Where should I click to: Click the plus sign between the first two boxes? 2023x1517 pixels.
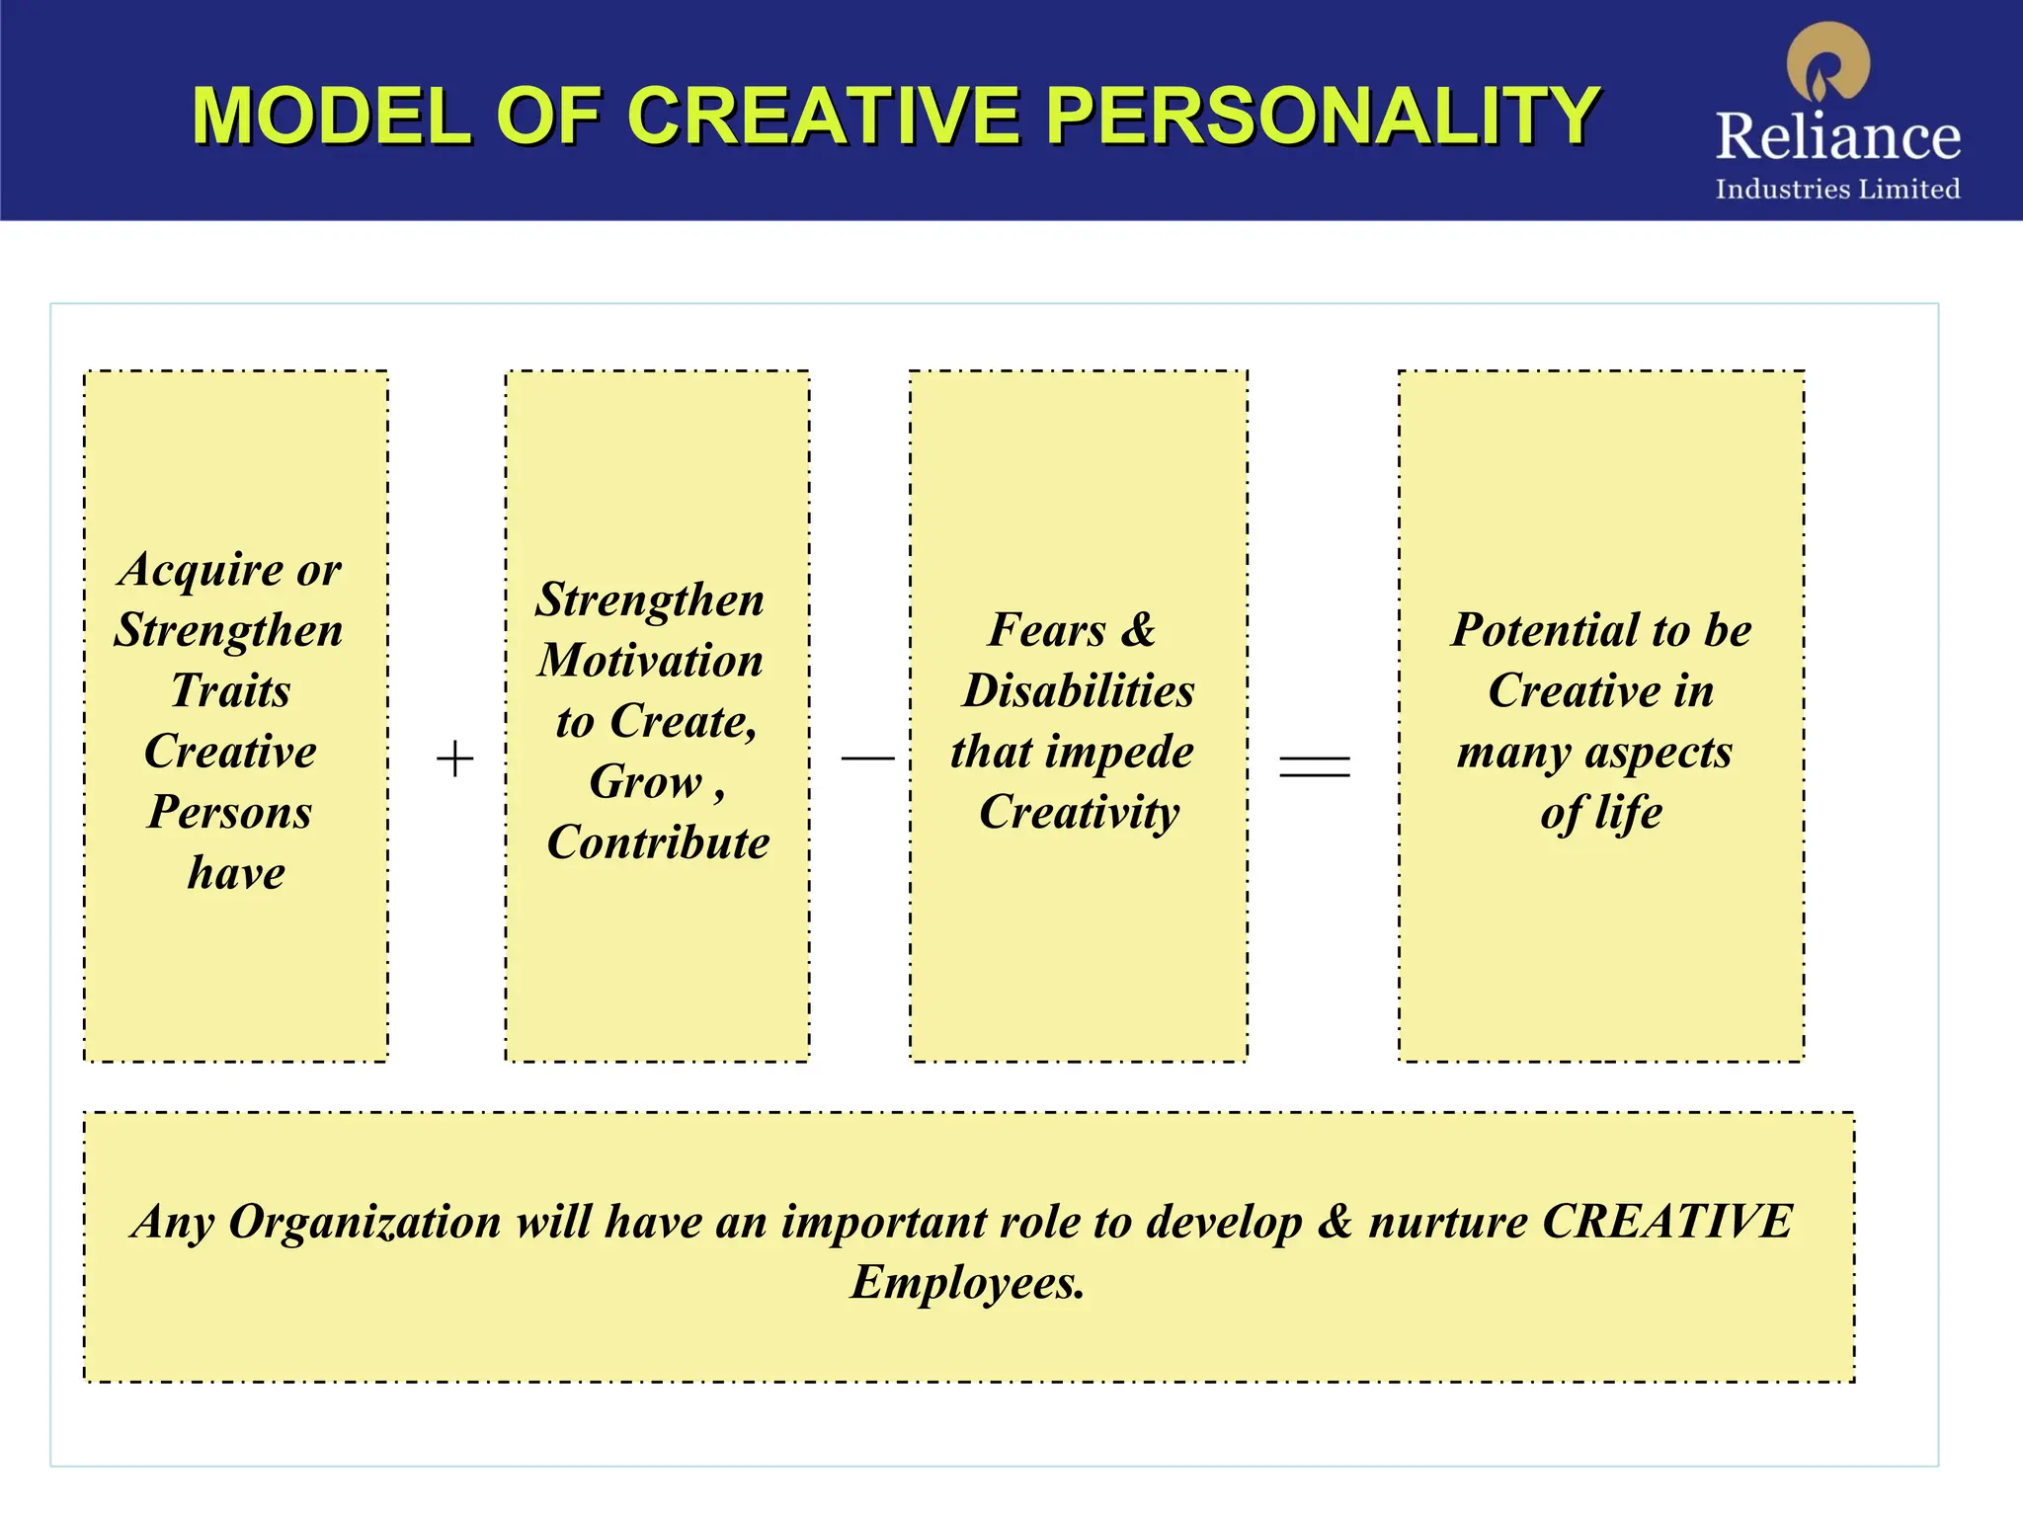pyautogui.click(x=454, y=758)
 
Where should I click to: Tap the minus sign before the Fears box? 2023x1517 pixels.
pyautogui.click(x=867, y=758)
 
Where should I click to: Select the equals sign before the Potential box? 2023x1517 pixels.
pyautogui.click(x=1314, y=765)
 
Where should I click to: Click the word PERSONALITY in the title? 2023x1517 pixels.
pyautogui.click(x=1323, y=116)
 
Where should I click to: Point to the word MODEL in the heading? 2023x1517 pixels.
pyautogui.click(x=331, y=116)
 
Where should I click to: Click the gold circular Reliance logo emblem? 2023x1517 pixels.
pyautogui.click(x=1828, y=62)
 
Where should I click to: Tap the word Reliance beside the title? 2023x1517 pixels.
pyautogui.click(x=1837, y=136)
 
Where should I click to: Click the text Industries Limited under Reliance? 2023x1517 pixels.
pyautogui.click(x=1837, y=189)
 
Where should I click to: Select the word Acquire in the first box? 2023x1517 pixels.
pyautogui.click(x=202, y=571)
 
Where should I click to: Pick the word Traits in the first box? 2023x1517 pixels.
pyautogui.click(x=231, y=690)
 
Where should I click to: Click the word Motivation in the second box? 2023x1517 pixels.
pyautogui.click(x=651, y=661)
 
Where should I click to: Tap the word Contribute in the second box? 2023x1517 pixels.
pyautogui.click(x=658, y=842)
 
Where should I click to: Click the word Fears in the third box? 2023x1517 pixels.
pyautogui.click(x=1046, y=630)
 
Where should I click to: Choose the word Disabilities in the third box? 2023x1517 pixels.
pyautogui.click(x=1079, y=690)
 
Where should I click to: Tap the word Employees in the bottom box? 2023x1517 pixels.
pyautogui.click(x=967, y=1283)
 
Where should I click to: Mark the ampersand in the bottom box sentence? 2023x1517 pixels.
pyautogui.click(x=1335, y=1222)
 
